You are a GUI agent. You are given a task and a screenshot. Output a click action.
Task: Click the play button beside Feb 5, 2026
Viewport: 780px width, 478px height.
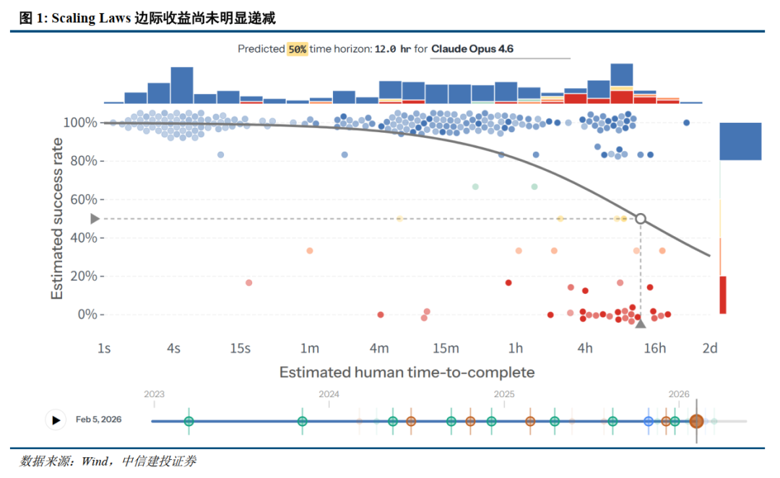pyautogui.click(x=56, y=420)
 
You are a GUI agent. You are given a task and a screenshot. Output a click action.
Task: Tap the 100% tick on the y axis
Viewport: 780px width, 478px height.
pyautogui.click(x=80, y=122)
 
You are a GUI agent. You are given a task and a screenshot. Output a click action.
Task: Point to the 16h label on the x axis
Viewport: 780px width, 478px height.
pyautogui.click(x=654, y=348)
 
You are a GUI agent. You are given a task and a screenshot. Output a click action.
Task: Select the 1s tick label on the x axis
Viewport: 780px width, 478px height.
pyautogui.click(x=104, y=348)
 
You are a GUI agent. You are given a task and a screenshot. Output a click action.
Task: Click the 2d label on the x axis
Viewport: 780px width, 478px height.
pyautogui.click(x=710, y=348)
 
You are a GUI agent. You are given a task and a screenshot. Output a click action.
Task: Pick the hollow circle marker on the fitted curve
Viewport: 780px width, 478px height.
pyautogui.click(x=641, y=219)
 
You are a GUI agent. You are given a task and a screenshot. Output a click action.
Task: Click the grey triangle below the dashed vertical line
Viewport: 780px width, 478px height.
pyautogui.click(x=641, y=323)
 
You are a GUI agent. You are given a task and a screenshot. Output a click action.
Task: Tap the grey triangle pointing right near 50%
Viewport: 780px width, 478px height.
pyautogui.click(x=95, y=219)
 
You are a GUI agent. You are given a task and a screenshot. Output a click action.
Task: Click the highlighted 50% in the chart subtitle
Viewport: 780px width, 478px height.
pyautogui.click(x=297, y=49)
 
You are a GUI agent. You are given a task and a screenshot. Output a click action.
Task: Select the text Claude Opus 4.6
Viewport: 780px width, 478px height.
pyautogui.click(x=472, y=49)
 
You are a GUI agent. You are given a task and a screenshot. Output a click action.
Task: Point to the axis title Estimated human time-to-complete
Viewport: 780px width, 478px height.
pyautogui.click(x=407, y=372)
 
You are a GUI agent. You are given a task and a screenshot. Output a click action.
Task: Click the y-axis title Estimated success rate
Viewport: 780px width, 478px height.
pyautogui.click(x=57, y=219)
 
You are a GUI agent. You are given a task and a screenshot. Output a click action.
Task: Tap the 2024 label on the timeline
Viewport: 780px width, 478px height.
pyautogui.click(x=329, y=394)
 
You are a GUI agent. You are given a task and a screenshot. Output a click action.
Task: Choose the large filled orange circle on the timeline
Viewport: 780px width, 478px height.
pyautogui.click(x=696, y=421)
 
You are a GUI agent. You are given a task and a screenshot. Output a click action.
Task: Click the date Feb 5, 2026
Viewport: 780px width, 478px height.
pyautogui.click(x=98, y=420)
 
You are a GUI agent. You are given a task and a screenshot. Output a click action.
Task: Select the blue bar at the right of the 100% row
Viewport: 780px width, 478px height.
pyautogui.click(x=740, y=142)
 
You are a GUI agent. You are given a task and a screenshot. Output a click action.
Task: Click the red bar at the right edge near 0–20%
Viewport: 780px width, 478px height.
pyautogui.click(x=723, y=295)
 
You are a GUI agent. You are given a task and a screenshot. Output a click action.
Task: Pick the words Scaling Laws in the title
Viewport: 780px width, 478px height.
pyautogui.click(x=91, y=18)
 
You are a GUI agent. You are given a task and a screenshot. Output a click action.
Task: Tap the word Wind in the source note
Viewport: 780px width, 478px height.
pyautogui.click(x=95, y=461)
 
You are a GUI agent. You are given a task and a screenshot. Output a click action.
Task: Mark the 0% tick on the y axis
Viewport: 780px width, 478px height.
pyautogui.click(x=87, y=314)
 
